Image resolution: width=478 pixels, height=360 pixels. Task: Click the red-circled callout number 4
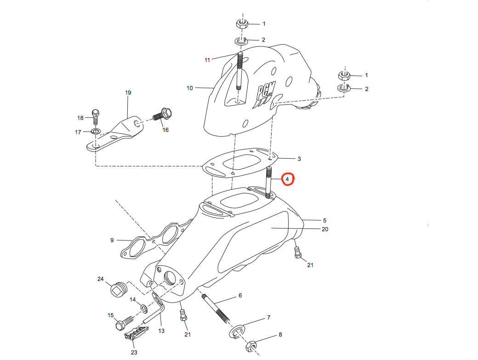287,178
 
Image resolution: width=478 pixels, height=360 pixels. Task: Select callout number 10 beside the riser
190,88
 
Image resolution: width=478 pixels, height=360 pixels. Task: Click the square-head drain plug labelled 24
118,289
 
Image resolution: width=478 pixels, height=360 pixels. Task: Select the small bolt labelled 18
96,116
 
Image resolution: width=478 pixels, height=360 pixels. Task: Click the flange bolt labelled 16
162,113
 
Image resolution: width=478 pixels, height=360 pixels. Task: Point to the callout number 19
128,92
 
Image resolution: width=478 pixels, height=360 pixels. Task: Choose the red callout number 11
207,60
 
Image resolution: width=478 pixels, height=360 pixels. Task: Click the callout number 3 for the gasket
299,159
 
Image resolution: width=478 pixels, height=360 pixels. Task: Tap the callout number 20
325,229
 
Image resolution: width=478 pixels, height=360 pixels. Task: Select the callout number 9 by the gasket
112,240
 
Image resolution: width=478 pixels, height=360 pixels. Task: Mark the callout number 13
161,331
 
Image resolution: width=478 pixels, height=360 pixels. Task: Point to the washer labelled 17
96,132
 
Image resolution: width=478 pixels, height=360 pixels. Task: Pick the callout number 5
324,220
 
